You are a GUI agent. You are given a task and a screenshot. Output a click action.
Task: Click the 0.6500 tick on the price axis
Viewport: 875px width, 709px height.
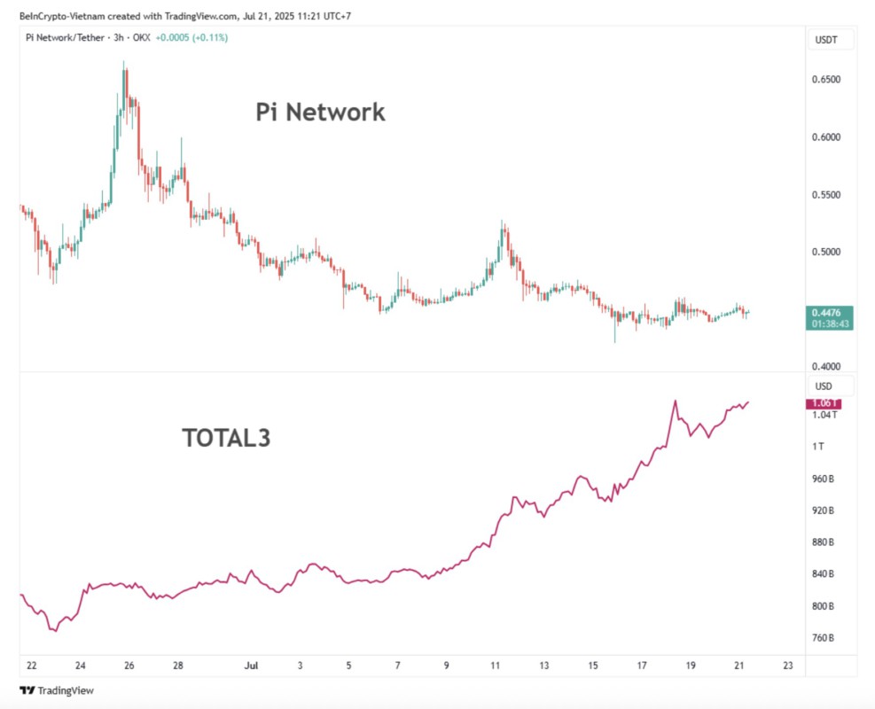click(826, 80)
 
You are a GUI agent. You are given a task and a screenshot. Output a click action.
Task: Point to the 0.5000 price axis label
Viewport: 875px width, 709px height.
click(826, 253)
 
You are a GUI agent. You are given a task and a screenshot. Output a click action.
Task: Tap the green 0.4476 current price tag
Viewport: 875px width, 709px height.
click(831, 312)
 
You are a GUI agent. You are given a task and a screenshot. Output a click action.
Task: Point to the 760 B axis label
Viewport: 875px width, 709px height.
click(824, 638)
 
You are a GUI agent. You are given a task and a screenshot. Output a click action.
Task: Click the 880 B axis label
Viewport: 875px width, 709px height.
click(824, 542)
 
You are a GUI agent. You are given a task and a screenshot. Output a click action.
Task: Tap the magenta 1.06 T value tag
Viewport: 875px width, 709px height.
click(824, 404)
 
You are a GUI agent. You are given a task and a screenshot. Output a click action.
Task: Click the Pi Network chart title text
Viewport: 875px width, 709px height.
click(320, 113)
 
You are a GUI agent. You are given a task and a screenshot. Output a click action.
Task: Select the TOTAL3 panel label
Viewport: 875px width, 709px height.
click(226, 438)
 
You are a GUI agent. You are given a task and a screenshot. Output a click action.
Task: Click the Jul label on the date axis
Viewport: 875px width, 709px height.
click(251, 666)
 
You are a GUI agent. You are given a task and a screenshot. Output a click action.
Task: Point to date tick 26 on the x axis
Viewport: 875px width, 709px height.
click(129, 666)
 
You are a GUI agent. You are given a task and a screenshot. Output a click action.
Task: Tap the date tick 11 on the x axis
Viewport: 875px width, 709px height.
click(496, 666)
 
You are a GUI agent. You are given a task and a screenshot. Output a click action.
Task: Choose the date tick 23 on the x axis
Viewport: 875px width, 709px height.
click(788, 666)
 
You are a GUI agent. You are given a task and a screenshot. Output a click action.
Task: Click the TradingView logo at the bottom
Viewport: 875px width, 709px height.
click(57, 690)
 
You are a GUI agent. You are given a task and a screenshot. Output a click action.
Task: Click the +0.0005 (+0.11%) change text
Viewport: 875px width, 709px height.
click(191, 38)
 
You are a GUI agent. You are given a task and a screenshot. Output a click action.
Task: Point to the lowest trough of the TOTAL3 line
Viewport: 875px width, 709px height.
click(54, 630)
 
